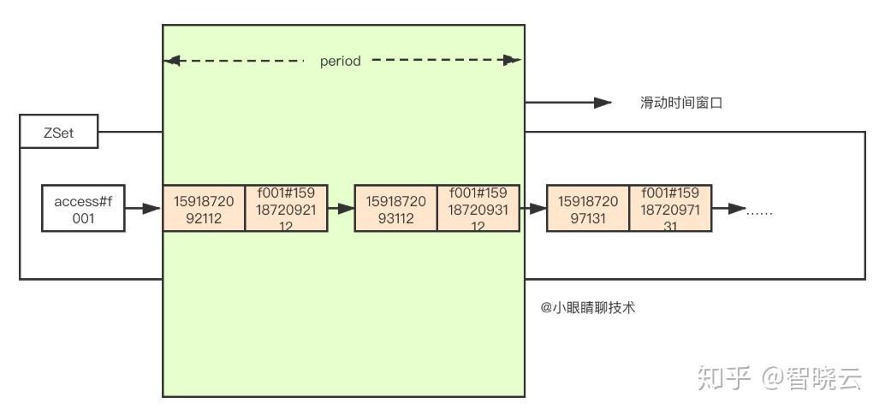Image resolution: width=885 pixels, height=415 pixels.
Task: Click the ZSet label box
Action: coord(58,133)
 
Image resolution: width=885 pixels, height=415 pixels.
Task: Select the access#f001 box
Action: coord(83,208)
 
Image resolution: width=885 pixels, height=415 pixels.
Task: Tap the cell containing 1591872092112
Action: coord(204,208)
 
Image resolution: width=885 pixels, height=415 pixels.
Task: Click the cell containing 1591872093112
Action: coord(395,208)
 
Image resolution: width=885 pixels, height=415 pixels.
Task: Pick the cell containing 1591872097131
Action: coord(587,208)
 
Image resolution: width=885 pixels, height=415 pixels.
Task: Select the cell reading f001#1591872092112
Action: coord(286,208)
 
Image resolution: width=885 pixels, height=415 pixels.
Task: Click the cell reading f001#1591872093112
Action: coord(478,208)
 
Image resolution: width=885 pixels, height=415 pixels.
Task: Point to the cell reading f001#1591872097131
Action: coord(669,208)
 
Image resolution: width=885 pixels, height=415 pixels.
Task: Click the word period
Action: coord(340,62)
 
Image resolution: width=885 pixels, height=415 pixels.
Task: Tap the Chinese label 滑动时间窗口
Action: coord(681,103)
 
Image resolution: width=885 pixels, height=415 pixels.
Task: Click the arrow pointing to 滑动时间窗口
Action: coord(568,103)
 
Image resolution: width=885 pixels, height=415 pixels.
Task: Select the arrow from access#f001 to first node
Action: coord(144,208)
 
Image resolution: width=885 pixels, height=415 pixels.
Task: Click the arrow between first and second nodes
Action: coord(341,208)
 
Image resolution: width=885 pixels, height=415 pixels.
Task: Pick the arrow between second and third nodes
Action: coord(532,208)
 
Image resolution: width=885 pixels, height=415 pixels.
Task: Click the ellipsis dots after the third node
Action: coord(759,210)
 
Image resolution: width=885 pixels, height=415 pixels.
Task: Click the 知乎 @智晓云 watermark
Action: coord(779,377)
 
